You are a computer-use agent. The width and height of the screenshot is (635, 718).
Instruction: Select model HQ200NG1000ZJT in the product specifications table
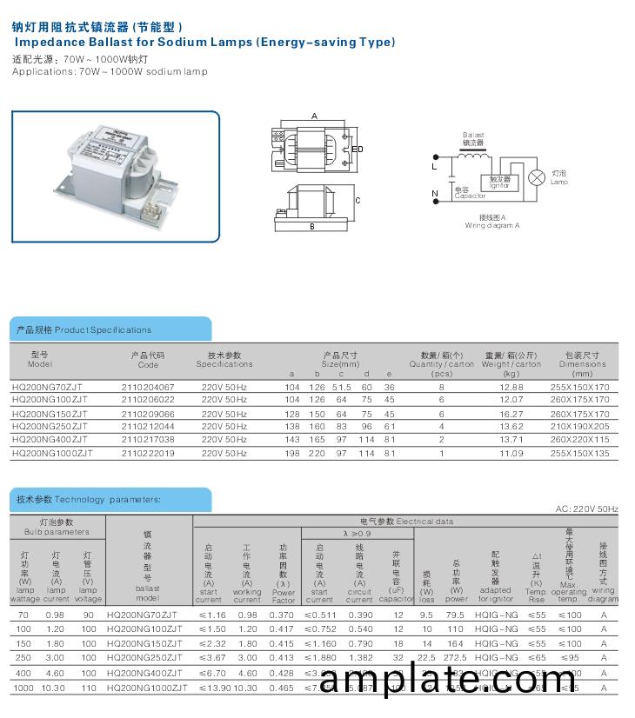pos(52,453)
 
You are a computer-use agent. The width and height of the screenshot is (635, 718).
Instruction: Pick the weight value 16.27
pos(511,414)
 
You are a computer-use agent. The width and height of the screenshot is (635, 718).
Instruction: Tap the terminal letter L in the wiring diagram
pos(435,164)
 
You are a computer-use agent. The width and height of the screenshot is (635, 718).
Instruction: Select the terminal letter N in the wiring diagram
pos(435,193)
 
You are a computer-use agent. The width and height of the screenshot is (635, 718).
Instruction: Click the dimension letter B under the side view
pos(311,227)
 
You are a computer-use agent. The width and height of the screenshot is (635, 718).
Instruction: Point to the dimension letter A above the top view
pos(314,116)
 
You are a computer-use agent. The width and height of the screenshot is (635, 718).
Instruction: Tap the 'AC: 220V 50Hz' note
pos(586,509)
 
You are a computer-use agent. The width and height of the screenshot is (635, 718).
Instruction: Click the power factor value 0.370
pos(284,615)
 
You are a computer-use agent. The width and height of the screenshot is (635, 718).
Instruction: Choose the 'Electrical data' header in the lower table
pos(406,522)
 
